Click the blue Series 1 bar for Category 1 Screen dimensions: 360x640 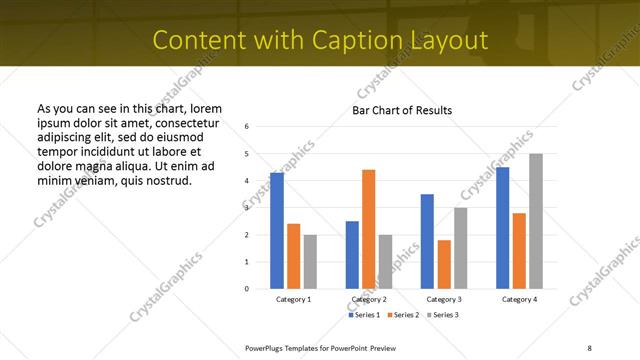[277, 231]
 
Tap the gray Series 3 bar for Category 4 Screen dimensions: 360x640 [536, 221]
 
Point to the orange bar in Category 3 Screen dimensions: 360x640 [444, 264]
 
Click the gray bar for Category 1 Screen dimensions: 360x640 [310, 261]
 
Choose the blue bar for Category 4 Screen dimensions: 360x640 [503, 228]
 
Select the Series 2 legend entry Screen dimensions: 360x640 [403, 315]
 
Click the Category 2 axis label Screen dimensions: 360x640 [369, 299]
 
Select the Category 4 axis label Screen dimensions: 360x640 [519, 299]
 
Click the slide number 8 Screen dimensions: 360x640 [589, 346]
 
